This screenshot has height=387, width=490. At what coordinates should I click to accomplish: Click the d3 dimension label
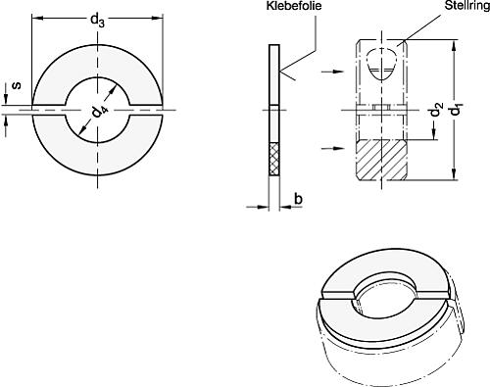(97, 22)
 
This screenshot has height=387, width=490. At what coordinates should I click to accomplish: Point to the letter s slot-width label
(17, 85)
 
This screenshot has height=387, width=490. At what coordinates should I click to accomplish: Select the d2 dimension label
(436, 110)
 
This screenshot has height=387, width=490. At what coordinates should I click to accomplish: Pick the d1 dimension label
(456, 110)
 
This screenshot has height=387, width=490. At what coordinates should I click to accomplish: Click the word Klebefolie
(294, 6)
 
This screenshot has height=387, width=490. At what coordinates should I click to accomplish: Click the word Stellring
(467, 5)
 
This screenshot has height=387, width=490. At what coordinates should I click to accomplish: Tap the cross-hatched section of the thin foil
(274, 159)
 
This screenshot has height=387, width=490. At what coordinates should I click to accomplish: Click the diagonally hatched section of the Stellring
(381, 160)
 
